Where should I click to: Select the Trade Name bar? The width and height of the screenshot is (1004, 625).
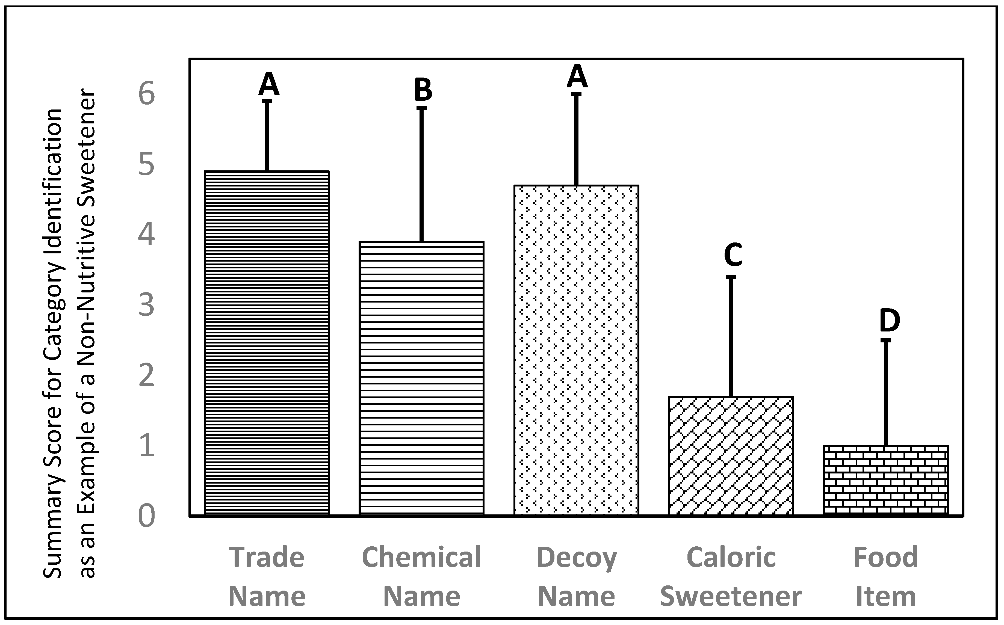pos(267,343)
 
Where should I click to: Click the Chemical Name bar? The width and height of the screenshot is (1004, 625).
pos(421,378)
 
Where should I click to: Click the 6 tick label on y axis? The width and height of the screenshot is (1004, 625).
pos(146,94)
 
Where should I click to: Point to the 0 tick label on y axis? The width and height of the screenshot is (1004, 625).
pos(146,516)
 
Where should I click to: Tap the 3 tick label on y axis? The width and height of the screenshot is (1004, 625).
pos(146,305)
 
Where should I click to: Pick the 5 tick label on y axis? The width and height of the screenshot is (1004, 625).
pos(146,165)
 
